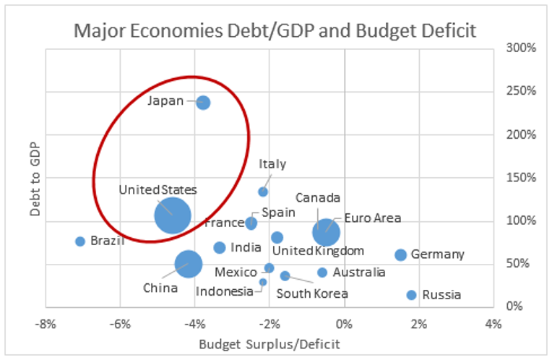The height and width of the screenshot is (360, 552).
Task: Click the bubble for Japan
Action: [x=203, y=103]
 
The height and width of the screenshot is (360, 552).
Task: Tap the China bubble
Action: [x=189, y=264]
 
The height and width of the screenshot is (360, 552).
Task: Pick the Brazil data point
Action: [x=80, y=241]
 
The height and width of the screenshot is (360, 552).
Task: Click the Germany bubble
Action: [x=401, y=255]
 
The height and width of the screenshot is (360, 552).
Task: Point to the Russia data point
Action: [x=412, y=295]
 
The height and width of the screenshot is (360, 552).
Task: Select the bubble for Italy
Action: [x=263, y=192]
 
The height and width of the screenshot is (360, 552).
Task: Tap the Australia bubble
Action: [x=322, y=273]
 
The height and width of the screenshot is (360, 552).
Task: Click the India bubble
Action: [x=220, y=248]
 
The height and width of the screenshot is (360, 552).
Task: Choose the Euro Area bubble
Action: [x=327, y=231]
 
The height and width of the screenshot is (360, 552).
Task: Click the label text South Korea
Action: [x=312, y=293]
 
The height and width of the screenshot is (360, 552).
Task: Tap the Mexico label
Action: [x=236, y=272]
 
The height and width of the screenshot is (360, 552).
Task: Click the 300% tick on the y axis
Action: [x=519, y=48]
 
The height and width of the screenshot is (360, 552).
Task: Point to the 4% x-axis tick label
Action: [x=493, y=322]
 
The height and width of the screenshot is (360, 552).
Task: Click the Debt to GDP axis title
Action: [x=31, y=178]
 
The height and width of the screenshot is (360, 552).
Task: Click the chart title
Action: [x=275, y=30]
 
